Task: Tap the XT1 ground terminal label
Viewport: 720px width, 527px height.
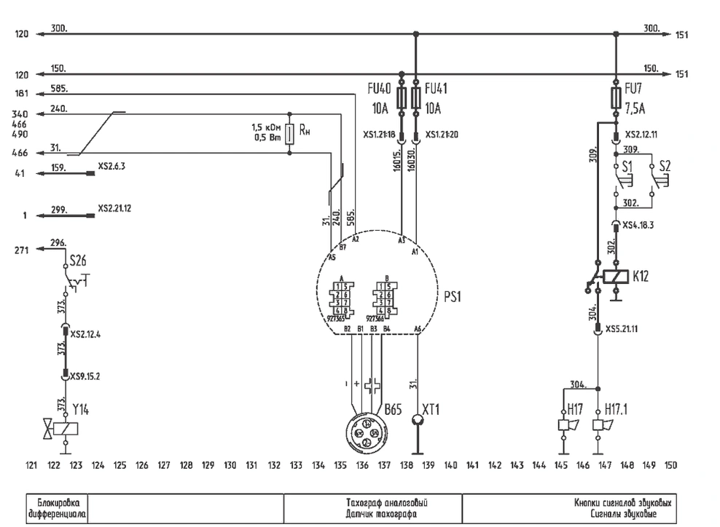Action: pyautogui.click(x=431, y=409)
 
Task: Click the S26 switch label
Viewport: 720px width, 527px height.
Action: pyautogui.click(x=79, y=260)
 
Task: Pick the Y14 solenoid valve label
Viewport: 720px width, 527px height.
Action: pyautogui.click(x=81, y=409)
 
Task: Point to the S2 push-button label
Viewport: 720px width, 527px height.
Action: pyautogui.click(x=664, y=166)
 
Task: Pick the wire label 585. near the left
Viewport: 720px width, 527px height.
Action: pyautogui.click(x=59, y=89)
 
